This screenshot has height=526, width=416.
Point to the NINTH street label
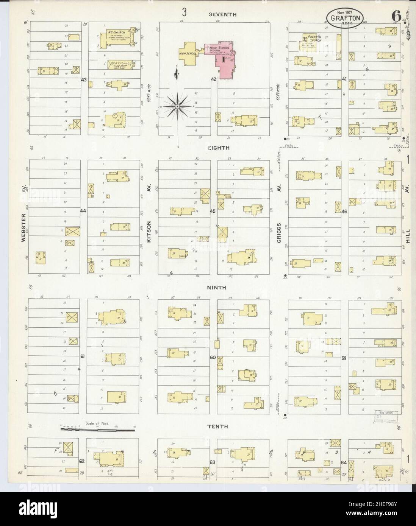click(217, 288)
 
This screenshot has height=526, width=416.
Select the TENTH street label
click(217, 426)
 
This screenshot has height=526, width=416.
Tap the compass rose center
click(177, 107)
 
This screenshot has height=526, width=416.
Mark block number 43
click(84, 80)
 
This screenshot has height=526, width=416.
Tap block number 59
click(344, 358)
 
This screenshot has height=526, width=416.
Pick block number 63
click(213, 462)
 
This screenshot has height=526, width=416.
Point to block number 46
click(344, 211)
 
